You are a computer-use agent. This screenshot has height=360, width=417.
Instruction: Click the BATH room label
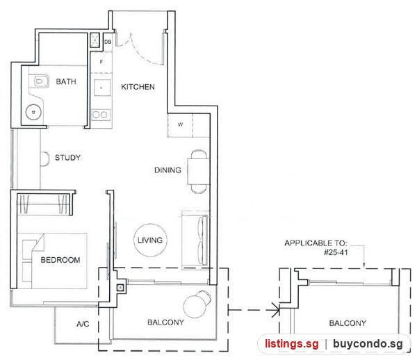66,81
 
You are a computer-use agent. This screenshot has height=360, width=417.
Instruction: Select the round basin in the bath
33,112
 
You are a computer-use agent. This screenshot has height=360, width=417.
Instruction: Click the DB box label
108,42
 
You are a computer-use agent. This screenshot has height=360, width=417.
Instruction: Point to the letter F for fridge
101,62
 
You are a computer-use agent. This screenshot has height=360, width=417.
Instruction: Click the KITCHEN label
138,87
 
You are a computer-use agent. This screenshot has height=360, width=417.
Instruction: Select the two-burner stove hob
101,115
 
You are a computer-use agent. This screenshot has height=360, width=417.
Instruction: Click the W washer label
180,124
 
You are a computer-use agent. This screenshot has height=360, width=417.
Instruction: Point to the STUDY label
67,158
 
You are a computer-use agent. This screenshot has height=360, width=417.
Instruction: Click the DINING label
167,170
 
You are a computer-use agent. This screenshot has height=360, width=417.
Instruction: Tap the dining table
198,172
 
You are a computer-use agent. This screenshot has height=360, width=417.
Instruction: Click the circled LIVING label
150,240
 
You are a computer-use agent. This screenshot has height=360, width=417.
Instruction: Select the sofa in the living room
195,240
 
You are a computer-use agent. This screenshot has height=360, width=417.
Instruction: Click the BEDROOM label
60,260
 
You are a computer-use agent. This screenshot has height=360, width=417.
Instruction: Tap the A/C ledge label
83,324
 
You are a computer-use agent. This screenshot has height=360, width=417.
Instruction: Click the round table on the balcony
195,306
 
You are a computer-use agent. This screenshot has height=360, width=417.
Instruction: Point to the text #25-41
336,252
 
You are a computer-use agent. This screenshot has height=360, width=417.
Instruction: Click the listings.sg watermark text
292,343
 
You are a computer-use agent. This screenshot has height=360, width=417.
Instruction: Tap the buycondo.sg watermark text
368,344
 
